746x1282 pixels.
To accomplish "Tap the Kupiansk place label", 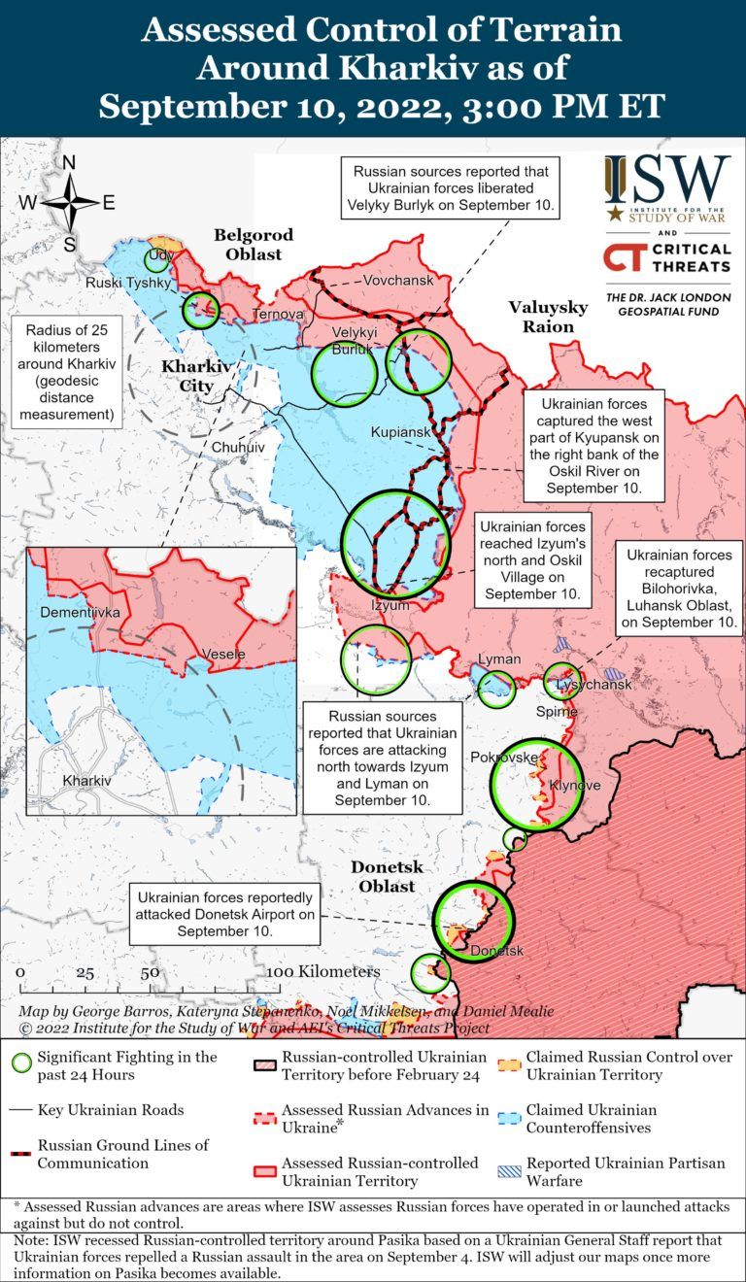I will [398, 430].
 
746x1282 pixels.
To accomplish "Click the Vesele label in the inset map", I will [223, 654].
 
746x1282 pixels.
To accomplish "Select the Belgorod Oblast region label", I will [247, 245].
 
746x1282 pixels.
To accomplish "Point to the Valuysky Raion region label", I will [548, 317].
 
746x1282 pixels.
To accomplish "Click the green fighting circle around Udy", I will [155, 259].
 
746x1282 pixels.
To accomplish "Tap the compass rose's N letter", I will [70, 163].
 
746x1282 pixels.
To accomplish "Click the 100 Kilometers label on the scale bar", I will [310, 971].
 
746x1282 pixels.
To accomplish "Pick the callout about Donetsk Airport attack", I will [225, 914].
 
